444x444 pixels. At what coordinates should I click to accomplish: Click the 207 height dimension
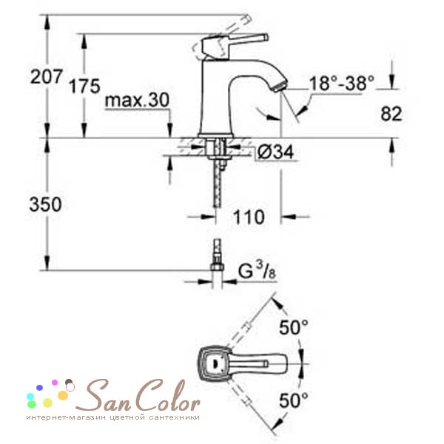46,76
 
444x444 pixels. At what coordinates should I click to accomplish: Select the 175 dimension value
84,86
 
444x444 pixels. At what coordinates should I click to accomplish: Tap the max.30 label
137,100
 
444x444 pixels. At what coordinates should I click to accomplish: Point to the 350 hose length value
45,204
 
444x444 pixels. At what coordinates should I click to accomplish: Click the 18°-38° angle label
342,83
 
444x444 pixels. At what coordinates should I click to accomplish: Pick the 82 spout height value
391,114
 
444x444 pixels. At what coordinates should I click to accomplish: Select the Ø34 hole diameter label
275,152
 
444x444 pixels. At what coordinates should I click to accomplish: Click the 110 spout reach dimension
249,217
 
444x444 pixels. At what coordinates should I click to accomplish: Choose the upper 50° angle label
294,327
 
